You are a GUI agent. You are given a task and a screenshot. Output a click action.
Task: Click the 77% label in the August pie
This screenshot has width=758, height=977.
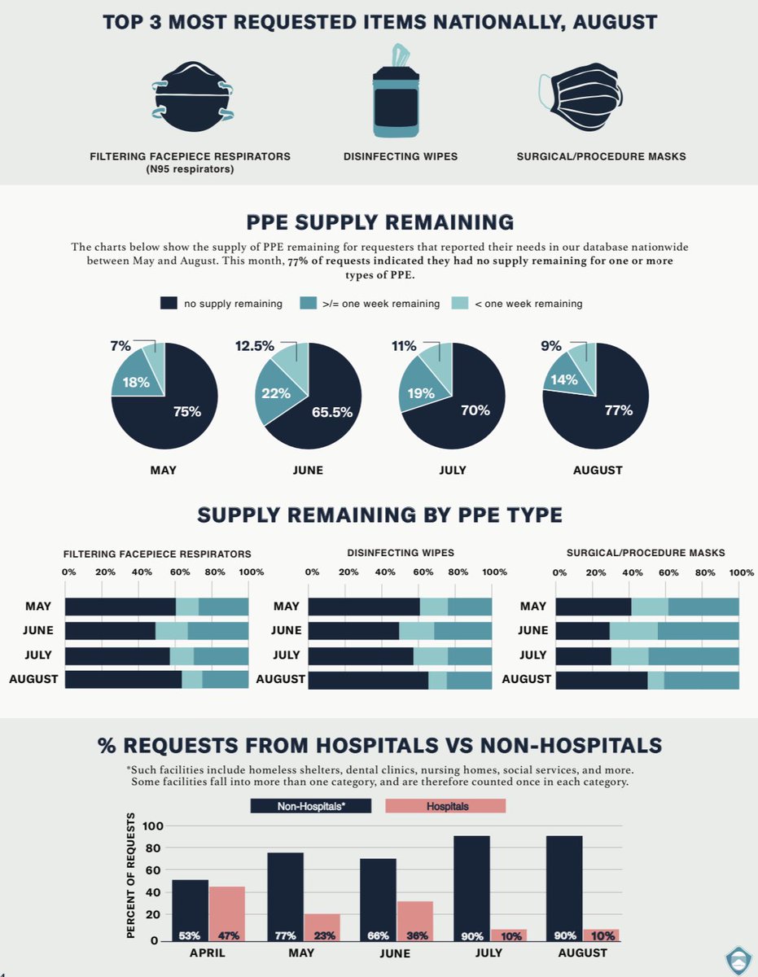(x=619, y=410)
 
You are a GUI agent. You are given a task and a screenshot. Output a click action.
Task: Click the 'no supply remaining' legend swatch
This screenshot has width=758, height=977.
(x=169, y=304)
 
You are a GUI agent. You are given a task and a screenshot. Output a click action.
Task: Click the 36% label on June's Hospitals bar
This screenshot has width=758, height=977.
(x=415, y=935)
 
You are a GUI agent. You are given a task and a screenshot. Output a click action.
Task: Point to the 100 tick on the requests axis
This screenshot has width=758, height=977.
(x=154, y=826)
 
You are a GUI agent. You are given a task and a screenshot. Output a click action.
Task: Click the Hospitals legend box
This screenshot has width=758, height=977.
(x=445, y=806)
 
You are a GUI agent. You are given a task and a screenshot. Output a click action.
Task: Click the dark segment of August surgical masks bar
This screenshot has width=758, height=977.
(x=602, y=680)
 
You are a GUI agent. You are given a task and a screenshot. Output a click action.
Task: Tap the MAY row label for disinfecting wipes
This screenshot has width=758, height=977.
(x=286, y=606)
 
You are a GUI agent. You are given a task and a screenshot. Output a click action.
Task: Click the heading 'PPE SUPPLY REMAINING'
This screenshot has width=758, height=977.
(x=379, y=222)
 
